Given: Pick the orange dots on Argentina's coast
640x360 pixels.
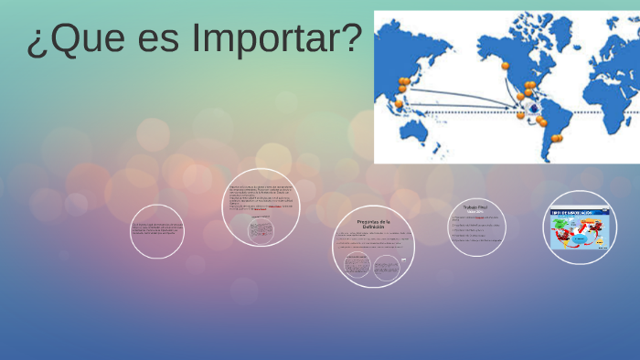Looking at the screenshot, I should tap(555, 139).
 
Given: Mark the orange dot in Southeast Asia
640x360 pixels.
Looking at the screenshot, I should tap(399, 103).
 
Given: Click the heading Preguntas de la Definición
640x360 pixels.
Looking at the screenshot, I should tap(373, 225).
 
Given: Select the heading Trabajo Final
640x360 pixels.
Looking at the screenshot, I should tap(476, 209).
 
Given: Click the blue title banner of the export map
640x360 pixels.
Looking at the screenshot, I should tap(579, 213).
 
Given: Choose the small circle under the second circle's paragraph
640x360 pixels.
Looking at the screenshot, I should tap(261, 229).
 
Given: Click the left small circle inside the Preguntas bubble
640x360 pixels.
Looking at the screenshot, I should tap(357, 266).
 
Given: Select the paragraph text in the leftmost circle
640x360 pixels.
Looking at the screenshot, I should tap(157, 229).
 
